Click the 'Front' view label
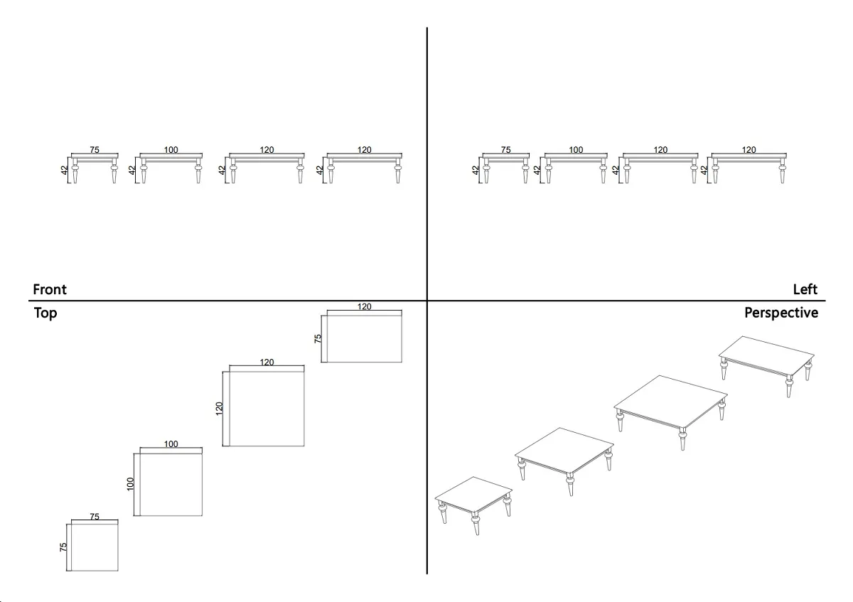tap(50, 289)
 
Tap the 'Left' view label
tap(805, 289)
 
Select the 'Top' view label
tap(45, 313)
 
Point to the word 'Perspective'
tap(781, 313)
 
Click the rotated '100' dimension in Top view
tap(130, 484)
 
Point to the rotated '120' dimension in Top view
tap(219, 409)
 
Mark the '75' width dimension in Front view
tap(95, 150)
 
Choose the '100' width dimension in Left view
tap(576, 150)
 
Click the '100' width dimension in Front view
tap(171, 150)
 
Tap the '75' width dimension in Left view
tap(505, 150)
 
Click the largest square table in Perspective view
tap(671, 412)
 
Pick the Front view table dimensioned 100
tap(171, 168)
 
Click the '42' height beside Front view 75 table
tap(64, 170)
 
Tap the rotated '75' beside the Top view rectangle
tap(318, 338)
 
